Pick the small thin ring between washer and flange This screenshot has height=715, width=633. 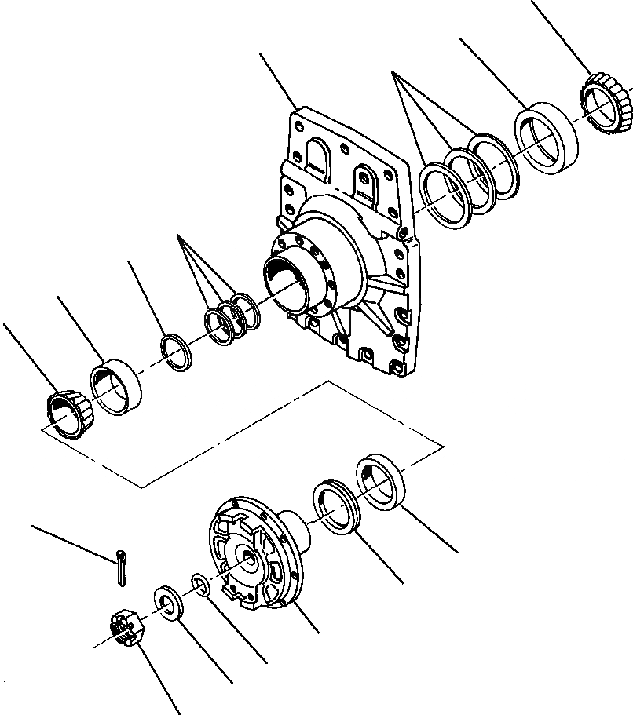pos(199,585)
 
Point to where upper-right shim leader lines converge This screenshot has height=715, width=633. pos(395,75)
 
